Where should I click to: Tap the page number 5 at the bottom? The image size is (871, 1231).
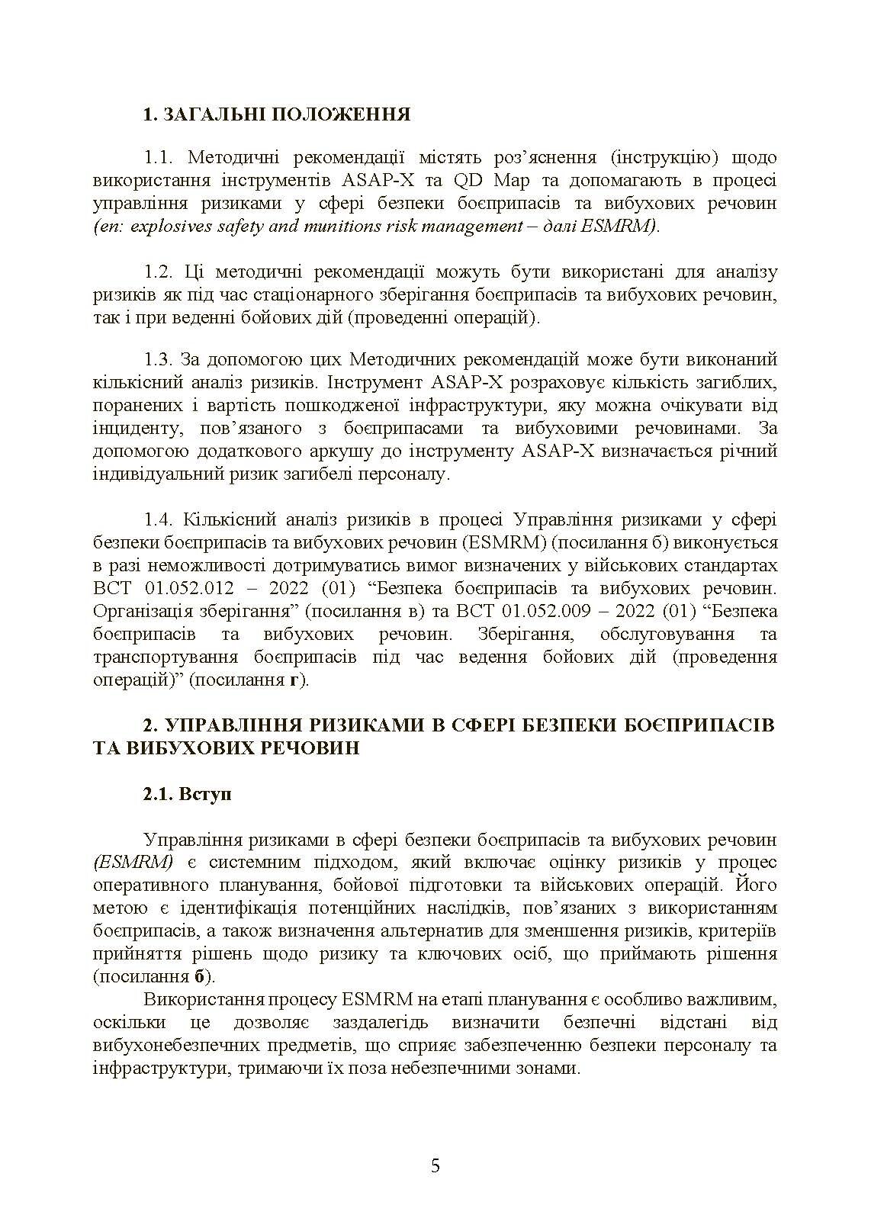pos(435,1165)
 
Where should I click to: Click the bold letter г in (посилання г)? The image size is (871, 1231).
pos(295,680)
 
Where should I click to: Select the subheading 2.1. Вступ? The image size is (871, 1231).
pos(188,794)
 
